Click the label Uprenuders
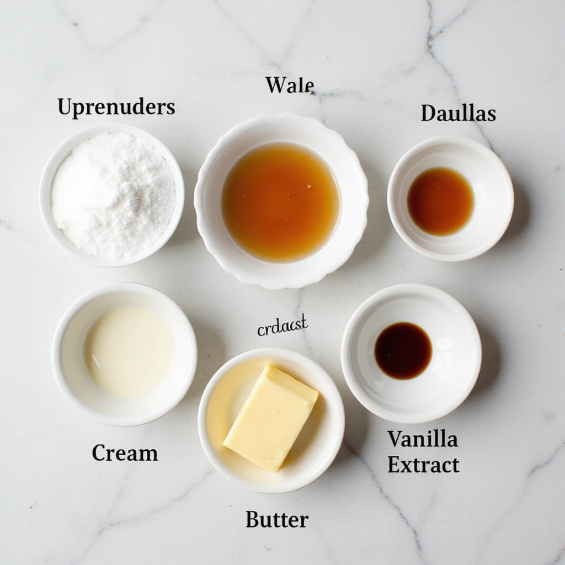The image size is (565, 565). [x=116, y=106]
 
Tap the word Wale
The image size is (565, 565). [x=290, y=85]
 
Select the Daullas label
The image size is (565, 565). [x=458, y=113]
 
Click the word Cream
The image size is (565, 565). [x=125, y=453]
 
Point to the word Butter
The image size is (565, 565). [x=276, y=519]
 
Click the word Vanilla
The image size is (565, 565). [x=422, y=439]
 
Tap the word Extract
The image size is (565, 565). [x=423, y=465]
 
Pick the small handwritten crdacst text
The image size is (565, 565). [x=282, y=326]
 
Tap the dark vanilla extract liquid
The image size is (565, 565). [x=403, y=351]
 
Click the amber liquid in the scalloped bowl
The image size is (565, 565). [x=280, y=201]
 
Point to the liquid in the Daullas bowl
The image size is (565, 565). [x=440, y=201]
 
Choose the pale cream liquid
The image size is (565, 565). [x=129, y=350]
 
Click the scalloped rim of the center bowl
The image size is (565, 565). [x=281, y=120]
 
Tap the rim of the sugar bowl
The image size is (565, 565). [x=111, y=128]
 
